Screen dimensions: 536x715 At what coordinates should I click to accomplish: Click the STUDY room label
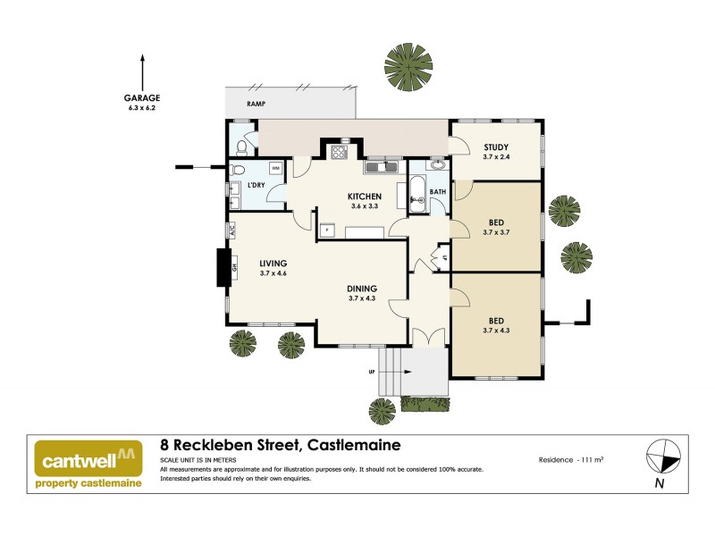[x=496, y=147]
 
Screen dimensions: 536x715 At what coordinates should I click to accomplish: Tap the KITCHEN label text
[x=366, y=197]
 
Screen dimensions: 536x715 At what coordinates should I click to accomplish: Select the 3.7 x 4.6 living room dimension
[x=273, y=274]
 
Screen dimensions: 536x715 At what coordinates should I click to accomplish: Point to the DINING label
[x=362, y=289]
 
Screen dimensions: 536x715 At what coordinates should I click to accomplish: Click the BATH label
[x=437, y=192]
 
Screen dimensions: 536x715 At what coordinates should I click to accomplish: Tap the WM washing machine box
[x=275, y=168]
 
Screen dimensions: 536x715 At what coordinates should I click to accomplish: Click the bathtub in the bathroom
[x=417, y=192]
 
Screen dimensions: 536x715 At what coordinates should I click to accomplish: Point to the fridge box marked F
[x=327, y=230]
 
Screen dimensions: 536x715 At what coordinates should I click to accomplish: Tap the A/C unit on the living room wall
[x=231, y=230]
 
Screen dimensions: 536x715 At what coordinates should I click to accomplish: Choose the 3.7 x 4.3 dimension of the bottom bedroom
[x=496, y=331]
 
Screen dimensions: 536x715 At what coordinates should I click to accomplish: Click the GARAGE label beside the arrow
[x=143, y=99]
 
